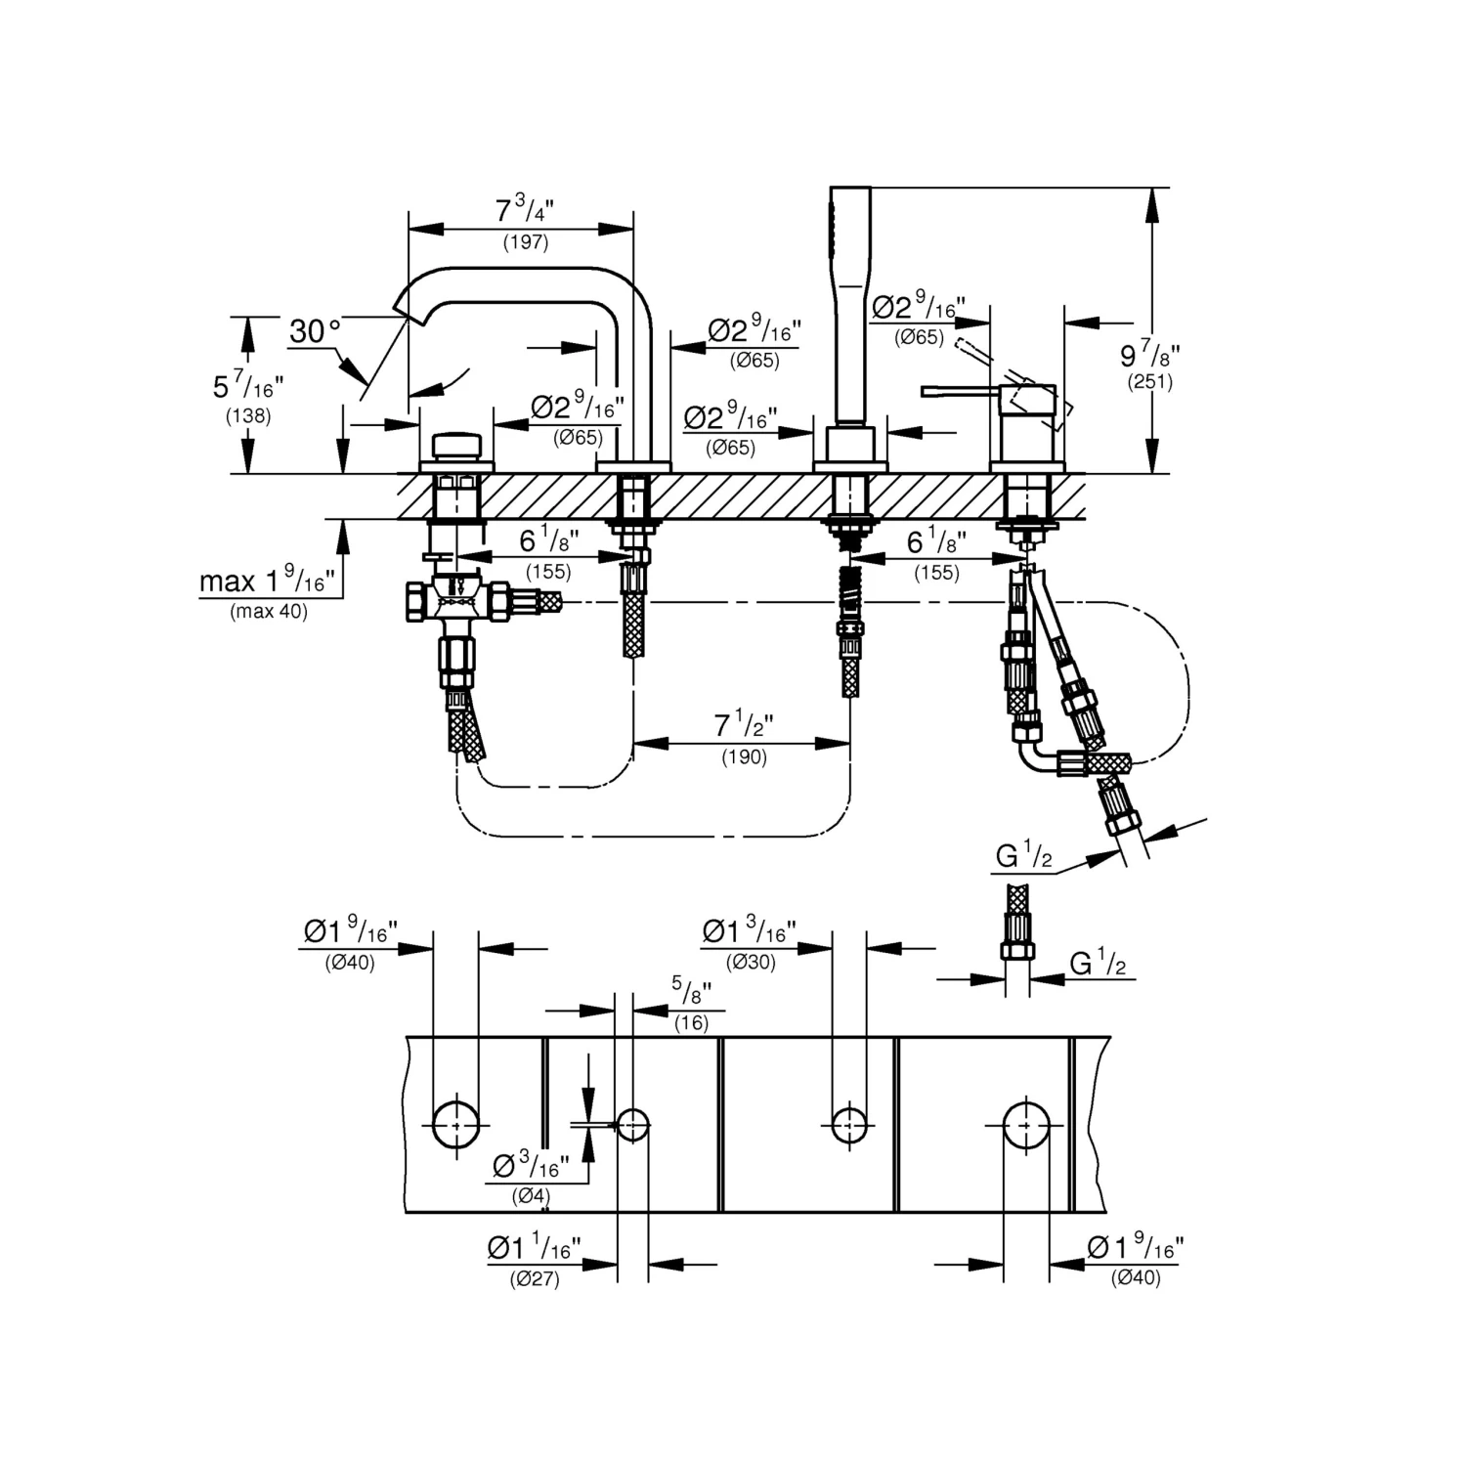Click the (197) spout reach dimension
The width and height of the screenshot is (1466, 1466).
point(526,242)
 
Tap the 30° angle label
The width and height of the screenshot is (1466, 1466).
point(315,331)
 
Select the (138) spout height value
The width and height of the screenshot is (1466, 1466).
point(248,415)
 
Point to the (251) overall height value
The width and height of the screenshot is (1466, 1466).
point(1149,382)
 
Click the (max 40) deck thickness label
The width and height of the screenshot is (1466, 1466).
point(269,613)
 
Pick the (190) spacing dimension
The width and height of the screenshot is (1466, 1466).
point(744,756)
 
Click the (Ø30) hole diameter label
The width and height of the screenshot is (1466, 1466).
point(751,963)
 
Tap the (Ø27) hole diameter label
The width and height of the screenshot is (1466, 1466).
point(535,1279)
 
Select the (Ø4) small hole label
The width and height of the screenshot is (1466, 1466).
point(531,1196)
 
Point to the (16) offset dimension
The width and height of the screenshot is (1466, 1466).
point(691,1023)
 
